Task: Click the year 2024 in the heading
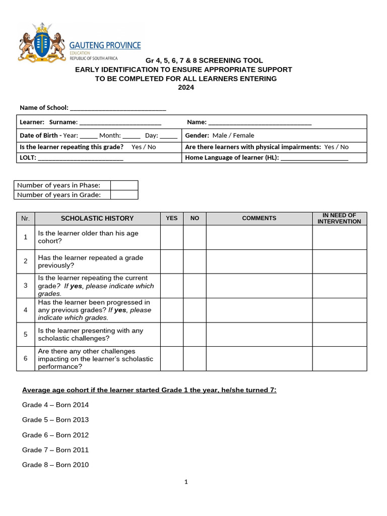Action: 186,87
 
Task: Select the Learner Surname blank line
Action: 120,122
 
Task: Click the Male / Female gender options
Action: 233,136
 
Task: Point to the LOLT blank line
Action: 81,158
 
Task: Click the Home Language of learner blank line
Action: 314,158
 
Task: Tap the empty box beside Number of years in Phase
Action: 124,185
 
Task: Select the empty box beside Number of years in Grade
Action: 124,195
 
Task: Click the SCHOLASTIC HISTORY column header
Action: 97,219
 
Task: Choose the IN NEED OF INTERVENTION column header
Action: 339,219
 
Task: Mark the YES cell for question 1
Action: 171,237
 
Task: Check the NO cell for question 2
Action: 195,262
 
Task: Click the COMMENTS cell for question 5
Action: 259,335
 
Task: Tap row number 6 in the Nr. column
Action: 25,359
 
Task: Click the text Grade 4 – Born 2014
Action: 55,405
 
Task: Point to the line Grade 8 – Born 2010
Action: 55,465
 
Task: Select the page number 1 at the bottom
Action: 186,482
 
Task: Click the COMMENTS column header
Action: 259,219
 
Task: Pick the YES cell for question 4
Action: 171,310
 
